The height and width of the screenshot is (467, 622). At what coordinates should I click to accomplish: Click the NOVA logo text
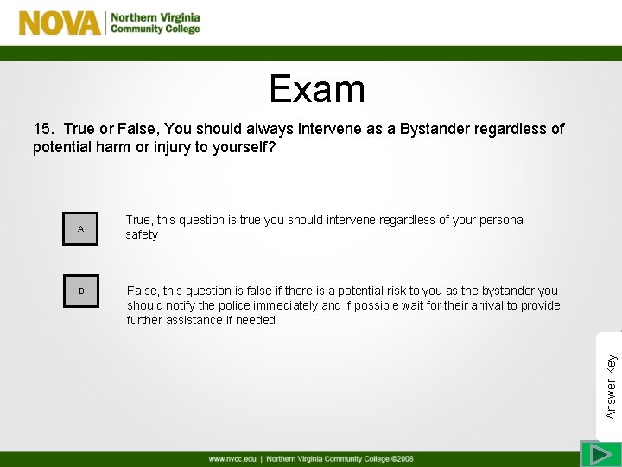60,22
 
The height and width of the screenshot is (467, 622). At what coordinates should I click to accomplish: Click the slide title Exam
316,88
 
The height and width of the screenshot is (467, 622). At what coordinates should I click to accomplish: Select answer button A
80,229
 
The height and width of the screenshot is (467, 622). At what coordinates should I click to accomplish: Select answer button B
80,291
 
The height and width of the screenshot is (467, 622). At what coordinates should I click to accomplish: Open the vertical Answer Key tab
611,362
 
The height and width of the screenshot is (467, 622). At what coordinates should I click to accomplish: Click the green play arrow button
595,454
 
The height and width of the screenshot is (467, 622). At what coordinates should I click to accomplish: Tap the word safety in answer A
142,235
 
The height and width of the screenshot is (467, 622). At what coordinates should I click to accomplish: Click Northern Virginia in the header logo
155,16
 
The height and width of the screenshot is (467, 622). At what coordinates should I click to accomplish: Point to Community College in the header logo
155,29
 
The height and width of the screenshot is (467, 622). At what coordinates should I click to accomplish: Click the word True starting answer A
138,220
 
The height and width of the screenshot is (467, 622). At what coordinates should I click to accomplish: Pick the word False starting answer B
143,291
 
